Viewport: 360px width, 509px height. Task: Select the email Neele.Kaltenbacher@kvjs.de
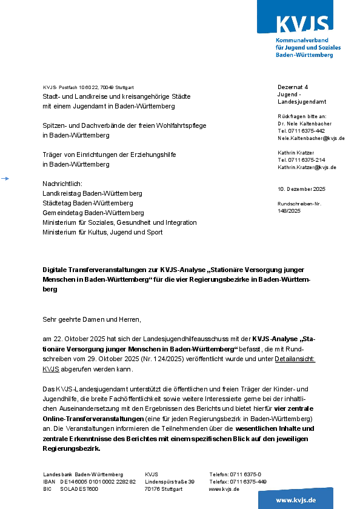coord(311,138)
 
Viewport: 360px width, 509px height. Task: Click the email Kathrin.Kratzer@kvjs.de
coord(307,167)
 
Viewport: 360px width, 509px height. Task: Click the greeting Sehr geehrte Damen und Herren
coord(92,319)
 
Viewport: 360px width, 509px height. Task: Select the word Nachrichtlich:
coord(62,184)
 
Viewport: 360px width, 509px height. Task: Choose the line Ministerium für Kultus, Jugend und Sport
coord(102,232)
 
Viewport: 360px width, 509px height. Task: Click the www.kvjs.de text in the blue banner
coord(296,500)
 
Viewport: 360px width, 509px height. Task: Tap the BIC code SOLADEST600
coord(79,489)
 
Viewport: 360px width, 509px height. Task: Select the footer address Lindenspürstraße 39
coord(170,482)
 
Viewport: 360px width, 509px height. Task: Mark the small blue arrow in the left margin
coord(5,179)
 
